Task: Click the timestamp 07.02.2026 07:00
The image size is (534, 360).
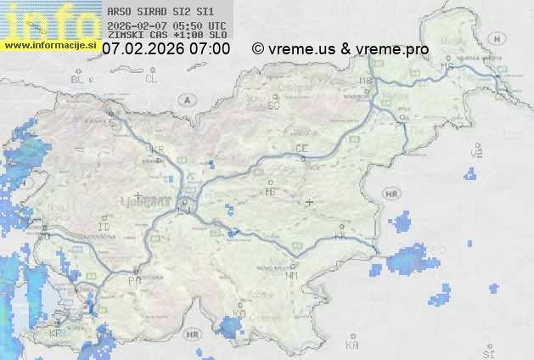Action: tap(166, 49)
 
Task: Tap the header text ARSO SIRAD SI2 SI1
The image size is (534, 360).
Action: tap(160, 12)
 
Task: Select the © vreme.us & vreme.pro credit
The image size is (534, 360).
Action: tap(340, 49)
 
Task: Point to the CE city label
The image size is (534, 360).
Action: tap(301, 149)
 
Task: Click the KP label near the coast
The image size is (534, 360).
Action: tap(55, 333)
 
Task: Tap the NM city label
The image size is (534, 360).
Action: tap(293, 275)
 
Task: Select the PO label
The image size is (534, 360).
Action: tap(133, 280)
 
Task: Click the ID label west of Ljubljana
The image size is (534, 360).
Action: tap(104, 228)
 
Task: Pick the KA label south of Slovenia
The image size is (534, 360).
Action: tap(352, 346)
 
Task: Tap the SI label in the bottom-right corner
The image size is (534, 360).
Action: tap(487, 351)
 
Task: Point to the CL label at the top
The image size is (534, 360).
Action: tap(152, 79)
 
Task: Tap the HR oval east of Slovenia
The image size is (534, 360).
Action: tap(391, 194)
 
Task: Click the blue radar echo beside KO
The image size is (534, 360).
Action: tap(228, 326)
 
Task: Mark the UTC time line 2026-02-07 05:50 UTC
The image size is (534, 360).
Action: tap(166, 25)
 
